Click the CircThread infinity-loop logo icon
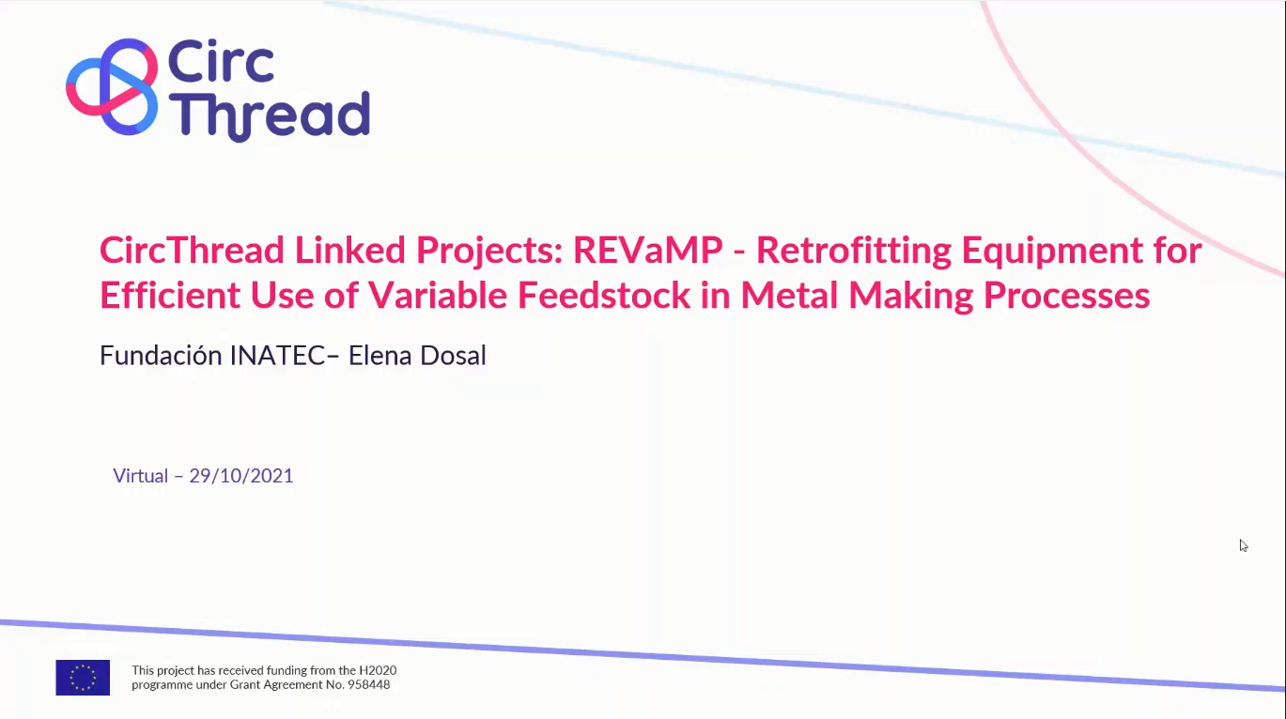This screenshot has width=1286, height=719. pos(112,86)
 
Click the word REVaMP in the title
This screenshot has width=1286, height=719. pos(648,251)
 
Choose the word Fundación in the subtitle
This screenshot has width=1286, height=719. pos(161,356)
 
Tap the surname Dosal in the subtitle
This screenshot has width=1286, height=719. pos(454,356)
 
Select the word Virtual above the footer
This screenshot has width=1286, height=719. pos(140,476)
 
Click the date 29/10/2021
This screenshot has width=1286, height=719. pos(241,476)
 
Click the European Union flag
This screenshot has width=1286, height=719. pos(83,678)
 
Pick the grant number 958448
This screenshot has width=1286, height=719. pos(369,685)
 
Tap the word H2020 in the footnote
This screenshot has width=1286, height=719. pos(376,670)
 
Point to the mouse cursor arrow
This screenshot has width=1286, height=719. pos(1243,544)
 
